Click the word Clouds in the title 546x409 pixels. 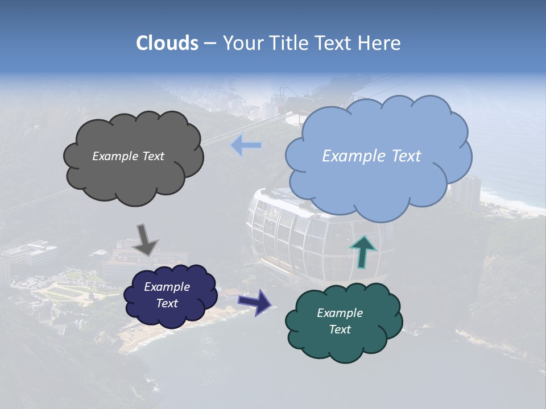click(x=167, y=43)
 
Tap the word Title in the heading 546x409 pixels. click(x=293, y=43)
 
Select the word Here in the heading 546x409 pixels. click(x=380, y=43)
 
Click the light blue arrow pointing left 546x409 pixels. click(x=246, y=145)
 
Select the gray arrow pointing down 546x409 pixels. click(x=146, y=239)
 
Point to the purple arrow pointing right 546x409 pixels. click(x=255, y=302)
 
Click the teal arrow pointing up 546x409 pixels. click(x=363, y=252)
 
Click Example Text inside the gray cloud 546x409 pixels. click(x=128, y=156)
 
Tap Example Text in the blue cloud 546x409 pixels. click(x=371, y=156)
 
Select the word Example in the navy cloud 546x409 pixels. click(x=167, y=287)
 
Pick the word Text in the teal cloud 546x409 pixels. click(x=340, y=329)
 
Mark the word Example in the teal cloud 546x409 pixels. click(x=340, y=313)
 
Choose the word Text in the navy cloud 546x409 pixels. click(x=167, y=303)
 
